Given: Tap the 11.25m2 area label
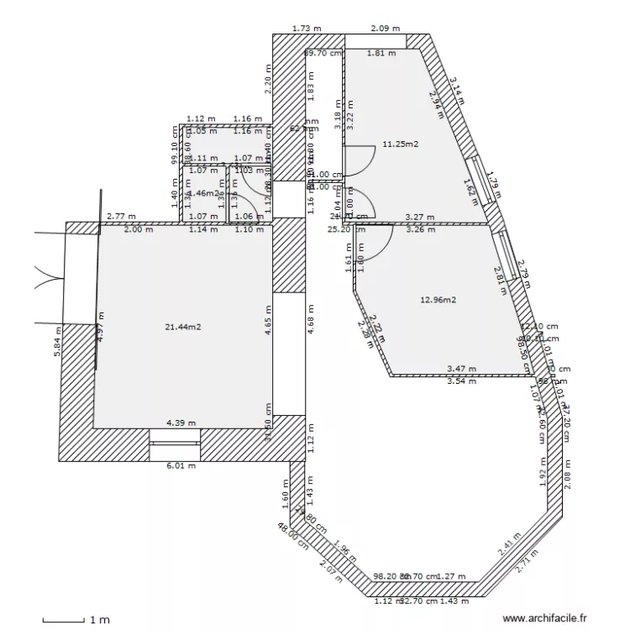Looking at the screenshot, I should pyautogui.click(x=400, y=144).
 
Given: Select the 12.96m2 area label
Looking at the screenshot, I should pyautogui.click(x=437, y=300).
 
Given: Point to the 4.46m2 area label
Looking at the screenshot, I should pyautogui.click(x=203, y=193).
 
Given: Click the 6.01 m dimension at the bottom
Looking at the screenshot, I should pyautogui.click(x=181, y=466).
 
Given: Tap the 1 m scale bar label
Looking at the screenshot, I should pyautogui.click(x=100, y=621).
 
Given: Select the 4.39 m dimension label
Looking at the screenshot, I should pyautogui.click(x=181, y=423).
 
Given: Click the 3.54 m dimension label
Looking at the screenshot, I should pyautogui.click(x=461, y=381).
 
